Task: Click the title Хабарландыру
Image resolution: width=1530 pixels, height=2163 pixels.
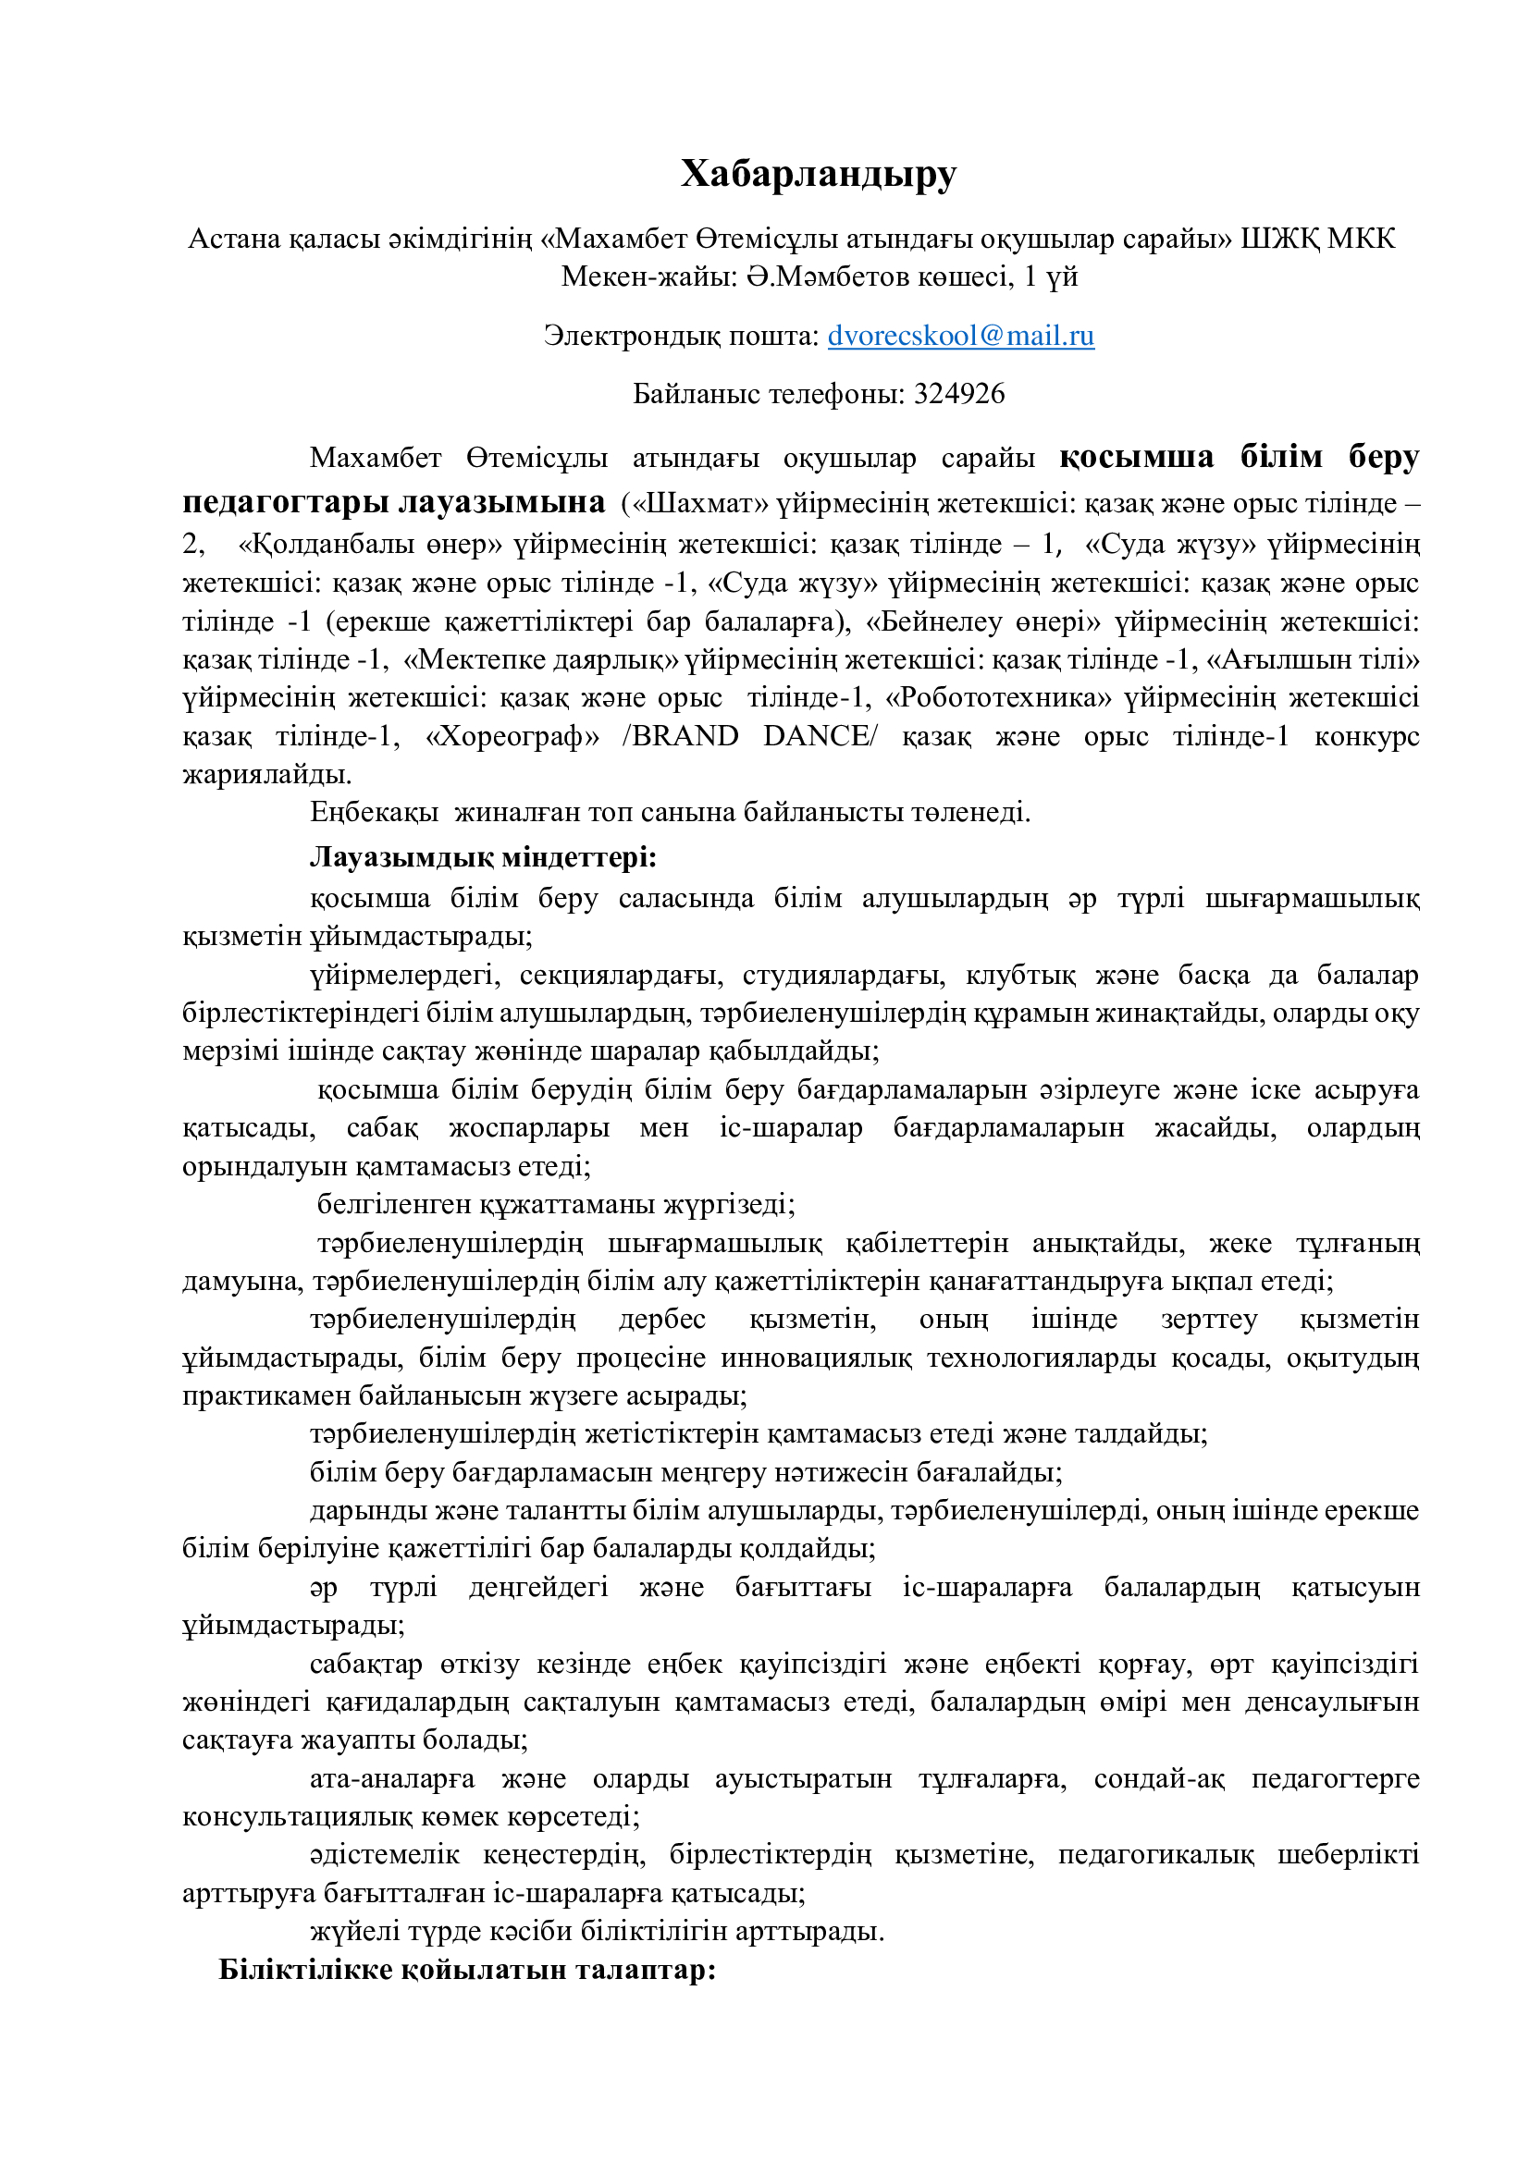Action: (818, 174)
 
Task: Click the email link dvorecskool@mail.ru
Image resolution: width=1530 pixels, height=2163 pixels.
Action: (960, 336)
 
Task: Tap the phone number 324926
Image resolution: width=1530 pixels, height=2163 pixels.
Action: (959, 394)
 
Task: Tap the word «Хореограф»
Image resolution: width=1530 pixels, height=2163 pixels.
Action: (512, 736)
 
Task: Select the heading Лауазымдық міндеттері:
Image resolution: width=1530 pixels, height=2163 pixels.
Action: (483, 857)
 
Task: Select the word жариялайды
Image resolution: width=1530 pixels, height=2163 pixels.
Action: (266, 774)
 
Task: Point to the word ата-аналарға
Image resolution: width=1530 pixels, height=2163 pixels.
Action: (392, 1778)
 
